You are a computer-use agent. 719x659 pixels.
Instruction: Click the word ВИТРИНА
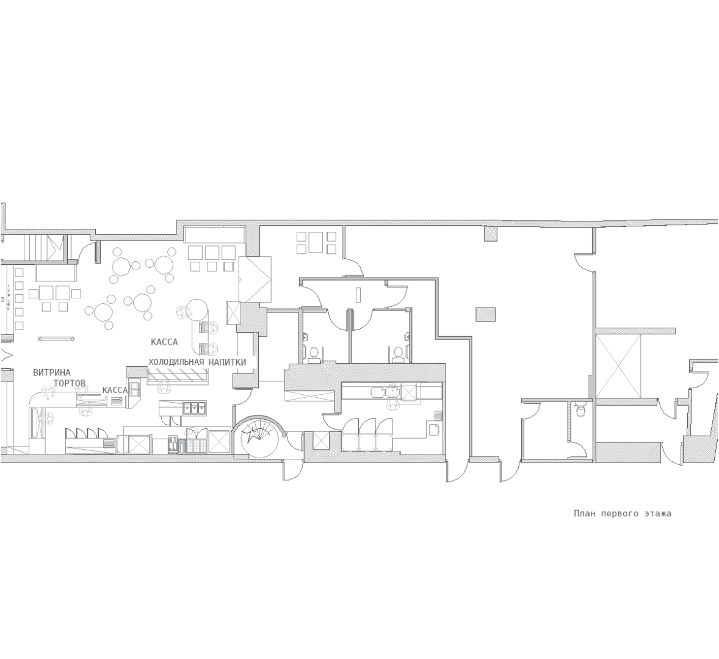tap(52, 373)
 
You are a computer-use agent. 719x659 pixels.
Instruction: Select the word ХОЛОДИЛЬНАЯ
tap(176, 362)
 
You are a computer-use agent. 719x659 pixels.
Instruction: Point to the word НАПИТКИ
tap(228, 362)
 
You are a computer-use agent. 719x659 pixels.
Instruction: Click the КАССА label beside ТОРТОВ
tap(115, 390)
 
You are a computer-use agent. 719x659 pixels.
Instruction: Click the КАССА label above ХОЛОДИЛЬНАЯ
tap(164, 342)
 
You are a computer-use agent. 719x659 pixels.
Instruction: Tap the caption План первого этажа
tap(623, 513)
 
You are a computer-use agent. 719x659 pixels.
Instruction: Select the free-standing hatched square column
tap(486, 315)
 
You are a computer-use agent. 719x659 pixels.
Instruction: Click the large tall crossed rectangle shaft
tap(618, 366)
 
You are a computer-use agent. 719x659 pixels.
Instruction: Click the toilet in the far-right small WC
tap(581, 411)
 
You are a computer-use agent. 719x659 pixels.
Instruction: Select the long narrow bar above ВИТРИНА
tap(56, 339)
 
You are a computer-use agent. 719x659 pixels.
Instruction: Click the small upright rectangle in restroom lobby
tap(359, 295)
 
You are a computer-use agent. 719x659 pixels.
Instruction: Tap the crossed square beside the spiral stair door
tap(320, 441)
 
